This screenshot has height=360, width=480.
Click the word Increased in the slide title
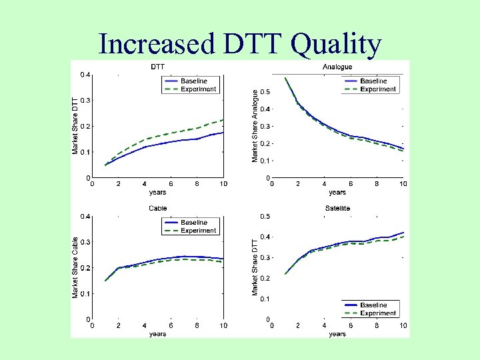(x=155, y=44)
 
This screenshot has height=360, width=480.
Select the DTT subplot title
(x=158, y=67)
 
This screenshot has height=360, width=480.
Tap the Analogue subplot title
(x=337, y=67)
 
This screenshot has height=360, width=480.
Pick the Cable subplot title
(x=158, y=208)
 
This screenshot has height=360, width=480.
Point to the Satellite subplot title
(x=337, y=208)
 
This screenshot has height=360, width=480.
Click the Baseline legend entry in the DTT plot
(x=194, y=81)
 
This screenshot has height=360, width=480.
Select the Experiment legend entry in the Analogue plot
(x=377, y=89)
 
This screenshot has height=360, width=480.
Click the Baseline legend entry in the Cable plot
(x=194, y=222)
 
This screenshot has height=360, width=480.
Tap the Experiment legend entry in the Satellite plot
(x=377, y=313)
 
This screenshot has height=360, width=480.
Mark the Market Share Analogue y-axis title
(x=254, y=126)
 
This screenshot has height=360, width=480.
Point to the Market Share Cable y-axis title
(x=75, y=267)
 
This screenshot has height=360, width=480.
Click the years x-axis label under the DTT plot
(x=158, y=193)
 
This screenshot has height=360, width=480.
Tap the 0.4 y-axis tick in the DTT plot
(x=83, y=74)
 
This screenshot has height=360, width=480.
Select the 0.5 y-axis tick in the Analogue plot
(x=265, y=91)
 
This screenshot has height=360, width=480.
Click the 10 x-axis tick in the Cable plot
(x=223, y=325)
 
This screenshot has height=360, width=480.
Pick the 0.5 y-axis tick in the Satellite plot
(x=265, y=216)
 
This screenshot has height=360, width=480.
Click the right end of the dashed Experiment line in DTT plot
(x=223, y=120)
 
